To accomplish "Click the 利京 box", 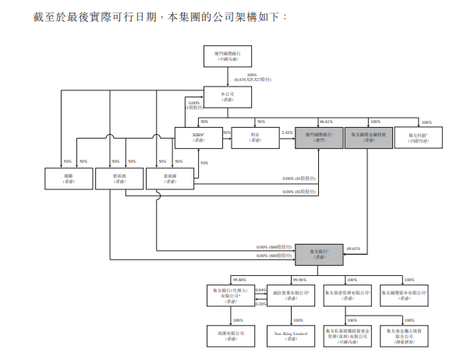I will pos(255,136).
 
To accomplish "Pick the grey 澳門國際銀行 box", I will pos(320,136).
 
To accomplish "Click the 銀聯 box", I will pos(68,178).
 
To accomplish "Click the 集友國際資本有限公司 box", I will pos(403,295).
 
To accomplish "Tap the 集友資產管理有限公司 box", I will pos(347,295).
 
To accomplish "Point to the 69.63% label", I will pos(352,247).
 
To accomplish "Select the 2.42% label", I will pos(286,132).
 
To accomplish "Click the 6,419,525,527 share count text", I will pos(255,79).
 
